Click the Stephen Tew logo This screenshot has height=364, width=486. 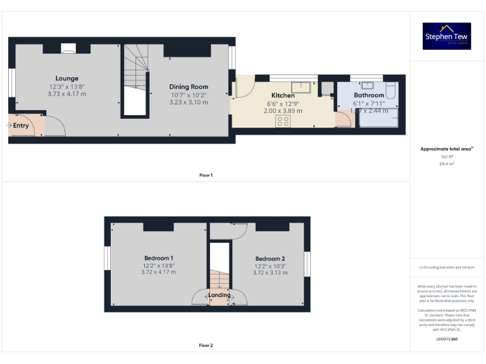[x=447, y=37]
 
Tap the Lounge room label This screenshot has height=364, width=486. [x=66, y=78]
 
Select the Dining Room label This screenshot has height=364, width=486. [x=188, y=87]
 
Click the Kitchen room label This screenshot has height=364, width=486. [x=282, y=95]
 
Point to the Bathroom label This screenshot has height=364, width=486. [x=368, y=95]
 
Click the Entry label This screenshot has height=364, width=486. [x=21, y=125]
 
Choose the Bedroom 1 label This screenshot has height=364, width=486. [x=158, y=258]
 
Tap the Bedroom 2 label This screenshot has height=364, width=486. [x=270, y=258]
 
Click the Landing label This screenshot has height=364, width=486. [x=220, y=295]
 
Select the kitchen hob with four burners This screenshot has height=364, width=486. [x=283, y=122]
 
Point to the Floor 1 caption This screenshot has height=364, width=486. [x=206, y=175]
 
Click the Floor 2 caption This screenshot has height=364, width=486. [x=206, y=346]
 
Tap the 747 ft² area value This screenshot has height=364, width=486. [x=447, y=157]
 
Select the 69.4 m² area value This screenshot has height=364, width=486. [x=447, y=164]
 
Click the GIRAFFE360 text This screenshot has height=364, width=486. [x=447, y=340]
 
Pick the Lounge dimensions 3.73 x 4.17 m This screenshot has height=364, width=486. [x=66, y=94]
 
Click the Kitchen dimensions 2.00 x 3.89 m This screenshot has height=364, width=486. [x=283, y=110]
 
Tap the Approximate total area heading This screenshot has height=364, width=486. [x=447, y=149]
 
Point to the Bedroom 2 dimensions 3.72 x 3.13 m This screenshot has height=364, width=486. [x=270, y=272]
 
